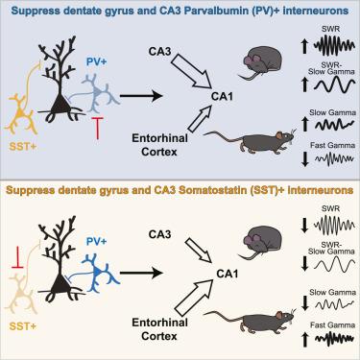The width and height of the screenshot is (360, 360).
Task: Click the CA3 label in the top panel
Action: coord(160,51)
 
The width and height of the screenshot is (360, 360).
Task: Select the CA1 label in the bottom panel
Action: coord(228,274)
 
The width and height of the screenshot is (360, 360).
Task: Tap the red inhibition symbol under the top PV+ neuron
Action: coord(98,128)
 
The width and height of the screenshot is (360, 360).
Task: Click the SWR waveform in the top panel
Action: coord(334,45)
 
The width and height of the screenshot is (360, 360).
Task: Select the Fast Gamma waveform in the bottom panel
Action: coord(334,339)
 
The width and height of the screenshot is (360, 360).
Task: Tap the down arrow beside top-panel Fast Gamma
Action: coord(305,159)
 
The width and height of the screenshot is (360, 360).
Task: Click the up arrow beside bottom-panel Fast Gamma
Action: coord(305,339)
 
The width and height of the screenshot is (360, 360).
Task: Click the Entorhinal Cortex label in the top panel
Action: coord(159,145)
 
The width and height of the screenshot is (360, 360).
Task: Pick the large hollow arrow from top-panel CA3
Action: coord(191,70)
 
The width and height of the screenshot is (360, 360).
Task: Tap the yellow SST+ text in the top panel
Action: coord(22,147)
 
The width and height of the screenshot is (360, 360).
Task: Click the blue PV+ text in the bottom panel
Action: coord(96,241)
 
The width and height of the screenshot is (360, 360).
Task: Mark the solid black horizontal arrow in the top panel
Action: coord(141,95)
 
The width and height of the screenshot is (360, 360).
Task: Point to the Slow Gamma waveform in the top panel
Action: coord(334,124)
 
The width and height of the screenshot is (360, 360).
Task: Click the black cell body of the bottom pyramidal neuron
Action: coord(60,282)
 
